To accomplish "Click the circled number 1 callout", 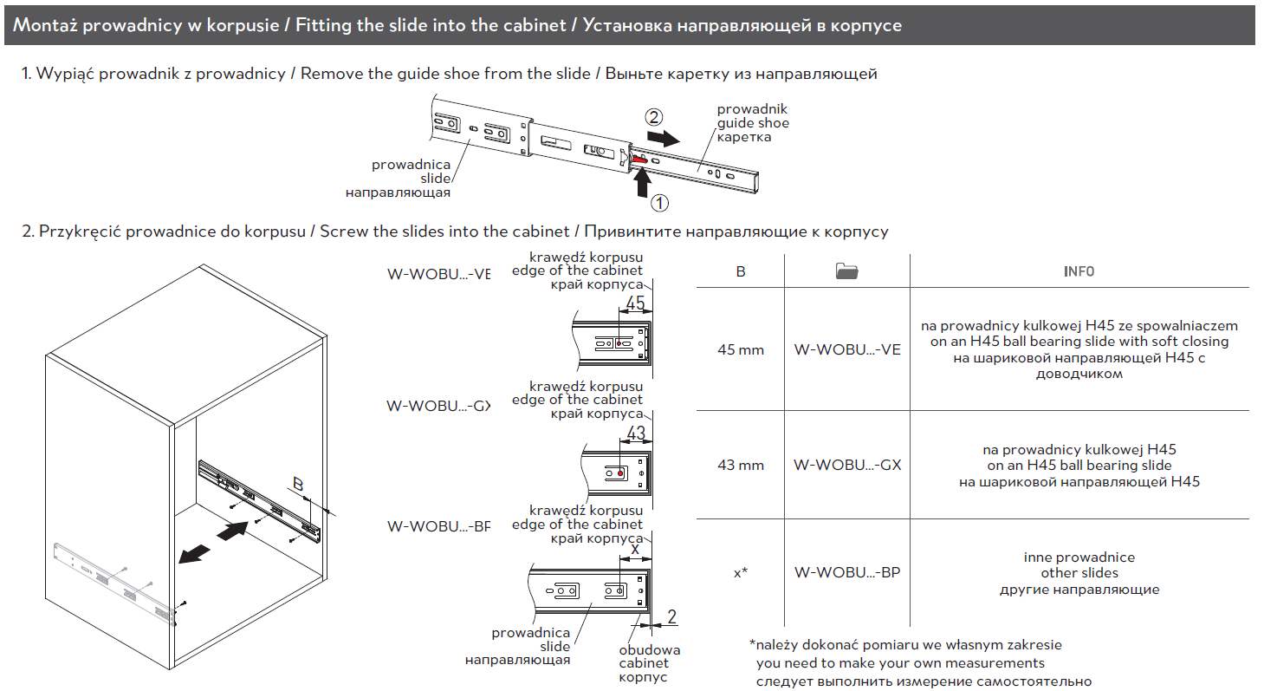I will coord(659,204).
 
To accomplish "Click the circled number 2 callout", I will coord(655,116).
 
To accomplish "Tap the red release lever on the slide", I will coord(638,159).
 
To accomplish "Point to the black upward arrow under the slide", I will coord(641,181).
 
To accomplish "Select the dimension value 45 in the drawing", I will coord(635,303).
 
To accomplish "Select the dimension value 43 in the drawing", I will coord(635,433).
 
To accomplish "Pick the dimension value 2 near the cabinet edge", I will coord(671,617).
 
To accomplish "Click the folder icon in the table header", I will coord(846,271).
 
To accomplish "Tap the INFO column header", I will coord(1079,271).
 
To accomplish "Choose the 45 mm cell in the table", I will coord(741,349).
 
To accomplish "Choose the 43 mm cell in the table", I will coord(741,465).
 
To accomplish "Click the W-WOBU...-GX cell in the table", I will coord(846,465).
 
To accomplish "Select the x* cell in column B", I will coord(741,573).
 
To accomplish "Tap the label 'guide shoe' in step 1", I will coord(753,123).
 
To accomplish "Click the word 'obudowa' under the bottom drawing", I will coord(649,649).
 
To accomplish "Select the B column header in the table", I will coord(741,271).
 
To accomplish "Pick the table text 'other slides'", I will coord(1079,573).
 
